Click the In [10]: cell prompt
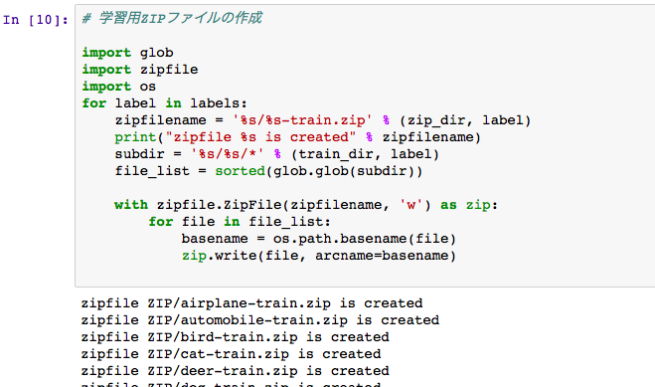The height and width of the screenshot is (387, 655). [37, 19]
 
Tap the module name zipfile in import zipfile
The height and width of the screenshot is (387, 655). [169, 69]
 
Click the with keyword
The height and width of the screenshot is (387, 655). [131, 204]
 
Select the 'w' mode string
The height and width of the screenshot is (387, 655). [413, 204]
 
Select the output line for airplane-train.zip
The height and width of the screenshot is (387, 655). [251, 303]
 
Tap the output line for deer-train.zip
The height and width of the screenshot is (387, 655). [235, 370]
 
